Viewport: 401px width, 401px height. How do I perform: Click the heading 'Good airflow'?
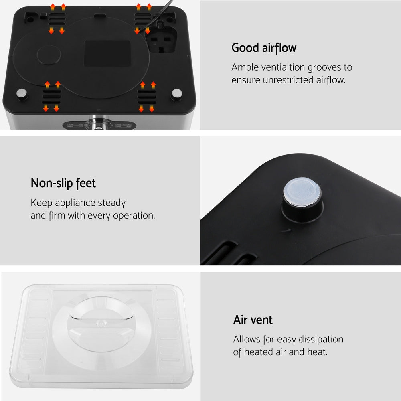pos(264,48)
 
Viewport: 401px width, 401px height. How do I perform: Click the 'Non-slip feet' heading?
pos(63,183)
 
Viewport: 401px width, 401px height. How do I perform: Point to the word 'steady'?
pos(112,203)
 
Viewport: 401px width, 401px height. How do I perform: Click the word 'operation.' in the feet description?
pos(134,215)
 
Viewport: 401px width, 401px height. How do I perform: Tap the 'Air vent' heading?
pos(253,320)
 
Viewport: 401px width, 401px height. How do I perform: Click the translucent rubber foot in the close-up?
pos(302,192)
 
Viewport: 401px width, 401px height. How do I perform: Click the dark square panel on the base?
pos(107,53)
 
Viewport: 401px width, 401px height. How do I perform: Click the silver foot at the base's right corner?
pos(176,95)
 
